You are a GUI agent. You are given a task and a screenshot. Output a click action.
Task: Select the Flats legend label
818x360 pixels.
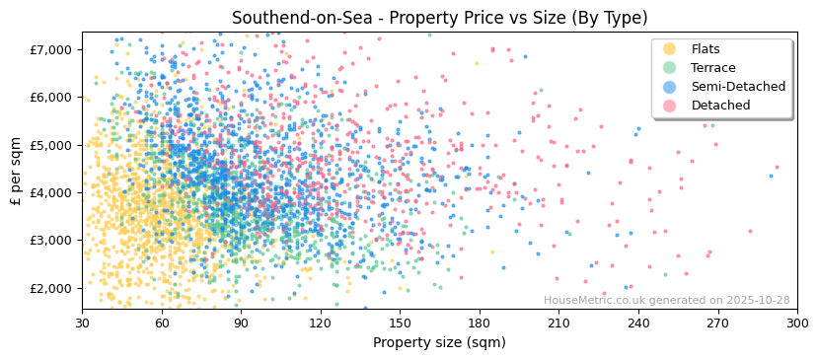[x=706, y=49]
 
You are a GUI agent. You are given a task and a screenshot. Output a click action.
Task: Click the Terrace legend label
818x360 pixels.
[x=713, y=68]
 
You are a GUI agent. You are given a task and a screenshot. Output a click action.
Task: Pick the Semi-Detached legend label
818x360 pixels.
[x=738, y=87]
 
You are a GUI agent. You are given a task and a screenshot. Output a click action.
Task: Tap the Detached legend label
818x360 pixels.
[x=720, y=106]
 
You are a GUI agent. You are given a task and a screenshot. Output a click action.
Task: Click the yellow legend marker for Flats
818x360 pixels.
[x=670, y=49]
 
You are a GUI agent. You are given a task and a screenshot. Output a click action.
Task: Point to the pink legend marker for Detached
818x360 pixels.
[x=670, y=106]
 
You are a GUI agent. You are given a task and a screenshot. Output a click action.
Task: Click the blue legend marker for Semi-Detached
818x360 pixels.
[x=670, y=87]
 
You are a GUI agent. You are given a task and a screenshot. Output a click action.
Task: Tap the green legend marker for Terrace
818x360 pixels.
[x=670, y=68]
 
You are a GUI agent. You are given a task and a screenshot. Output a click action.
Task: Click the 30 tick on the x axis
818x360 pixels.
[x=83, y=323]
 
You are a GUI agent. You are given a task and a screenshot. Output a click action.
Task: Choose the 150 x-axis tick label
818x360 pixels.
[x=400, y=323]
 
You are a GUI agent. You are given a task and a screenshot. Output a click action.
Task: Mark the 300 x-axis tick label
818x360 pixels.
[x=796, y=323]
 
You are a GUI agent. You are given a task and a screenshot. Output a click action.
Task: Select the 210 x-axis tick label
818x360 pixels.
[x=558, y=323]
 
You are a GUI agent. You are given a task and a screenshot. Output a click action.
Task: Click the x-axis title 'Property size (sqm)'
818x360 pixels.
[x=439, y=342]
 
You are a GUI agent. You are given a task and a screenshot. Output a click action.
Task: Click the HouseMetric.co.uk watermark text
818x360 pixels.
[x=666, y=300]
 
